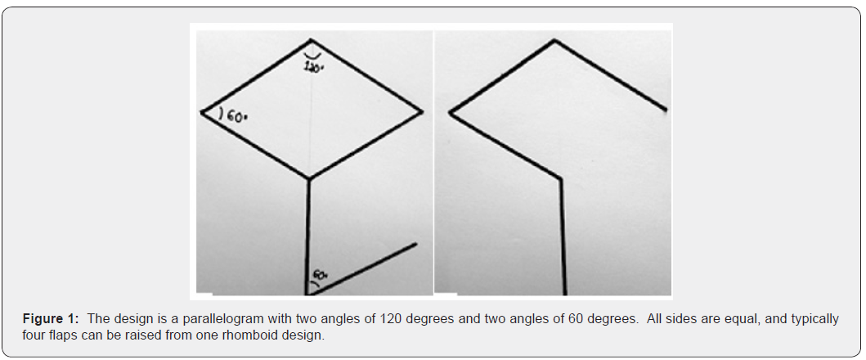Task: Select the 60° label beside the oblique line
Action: [320, 277]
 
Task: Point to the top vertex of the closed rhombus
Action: [310, 39]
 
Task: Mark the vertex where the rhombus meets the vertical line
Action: [308, 178]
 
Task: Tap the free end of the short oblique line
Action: [416, 243]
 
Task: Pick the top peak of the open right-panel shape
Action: [555, 39]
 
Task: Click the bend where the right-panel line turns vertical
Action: [560, 178]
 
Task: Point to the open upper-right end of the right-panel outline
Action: [666, 109]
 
